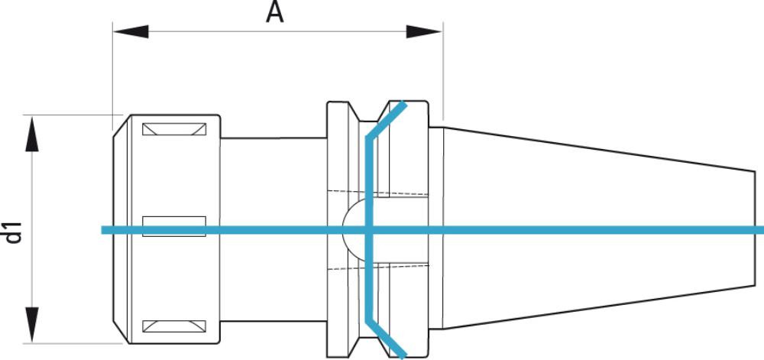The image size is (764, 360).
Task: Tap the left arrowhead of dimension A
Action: coord(130,32)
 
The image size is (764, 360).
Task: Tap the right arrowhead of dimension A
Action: coord(425,32)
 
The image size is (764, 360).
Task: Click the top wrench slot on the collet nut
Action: coord(174,129)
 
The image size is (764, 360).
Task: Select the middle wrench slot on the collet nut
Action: coord(174,225)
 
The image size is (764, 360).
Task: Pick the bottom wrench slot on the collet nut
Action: coord(174,327)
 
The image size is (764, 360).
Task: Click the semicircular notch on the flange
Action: coord(353,229)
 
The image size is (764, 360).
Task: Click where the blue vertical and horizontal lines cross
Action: coord(369,230)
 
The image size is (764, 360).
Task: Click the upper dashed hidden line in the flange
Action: coord(382,190)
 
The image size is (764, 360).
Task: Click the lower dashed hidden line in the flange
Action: coord(382,269)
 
